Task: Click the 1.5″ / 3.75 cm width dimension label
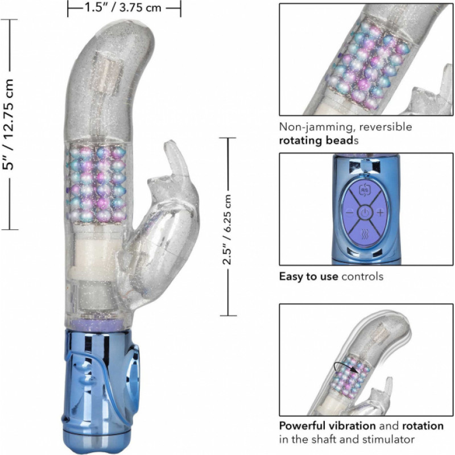tap(123, 7)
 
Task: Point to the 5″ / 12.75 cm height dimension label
tap(8, 124)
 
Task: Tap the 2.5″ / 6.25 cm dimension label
tap(227, 229)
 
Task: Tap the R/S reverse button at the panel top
tap(365, 190)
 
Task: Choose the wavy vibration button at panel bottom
tap(365, 234)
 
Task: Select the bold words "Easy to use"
tap(308, 276)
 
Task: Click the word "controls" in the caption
tap(362, 276)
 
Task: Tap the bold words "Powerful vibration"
tap(328, 426)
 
